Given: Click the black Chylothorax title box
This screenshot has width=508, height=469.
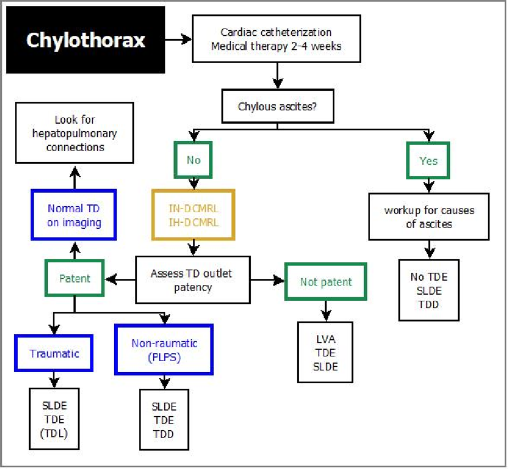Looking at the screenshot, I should tap(85, 40).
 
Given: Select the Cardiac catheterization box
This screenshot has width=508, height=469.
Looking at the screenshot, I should tap(276, 39).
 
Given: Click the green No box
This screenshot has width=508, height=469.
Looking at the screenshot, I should tap(193, 160).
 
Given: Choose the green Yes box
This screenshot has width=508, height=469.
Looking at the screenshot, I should tap(428, 161).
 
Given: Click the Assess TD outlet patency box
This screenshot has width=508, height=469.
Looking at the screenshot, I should tap(193, 279).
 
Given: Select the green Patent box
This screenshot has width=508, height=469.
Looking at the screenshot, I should tap(74, 279).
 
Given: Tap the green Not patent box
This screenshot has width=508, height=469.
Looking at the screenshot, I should tap(326, 282).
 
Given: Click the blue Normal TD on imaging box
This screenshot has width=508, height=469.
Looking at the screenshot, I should tap(74, 215).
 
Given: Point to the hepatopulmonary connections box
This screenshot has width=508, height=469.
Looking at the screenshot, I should tap(74, 134).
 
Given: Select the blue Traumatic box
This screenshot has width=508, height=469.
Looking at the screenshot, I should tap(54, 354).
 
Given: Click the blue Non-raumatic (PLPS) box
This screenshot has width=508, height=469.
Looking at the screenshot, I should tap(164, 350).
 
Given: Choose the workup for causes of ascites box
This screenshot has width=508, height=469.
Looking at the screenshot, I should tap(428, 217).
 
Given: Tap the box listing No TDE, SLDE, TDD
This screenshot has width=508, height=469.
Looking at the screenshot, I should tap(428, 289).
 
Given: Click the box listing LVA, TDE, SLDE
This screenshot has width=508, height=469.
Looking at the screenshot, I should tap(326, 352).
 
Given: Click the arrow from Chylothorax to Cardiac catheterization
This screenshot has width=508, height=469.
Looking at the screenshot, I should tap(178, 40).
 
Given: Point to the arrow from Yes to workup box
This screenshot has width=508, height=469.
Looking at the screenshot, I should tap(428, 186).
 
